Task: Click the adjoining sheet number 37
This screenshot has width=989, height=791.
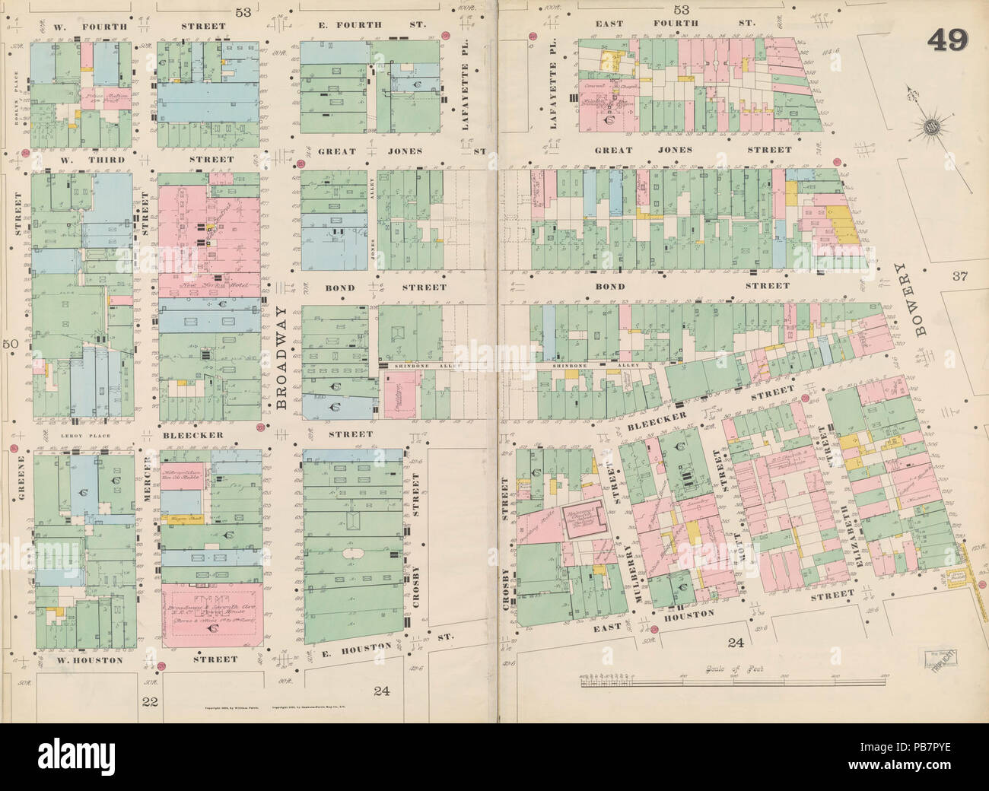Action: [x=959, y=276]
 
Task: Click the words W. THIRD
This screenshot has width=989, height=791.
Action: [x=75, y=160]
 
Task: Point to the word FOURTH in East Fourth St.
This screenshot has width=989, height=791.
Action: [x=676, y=24]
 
